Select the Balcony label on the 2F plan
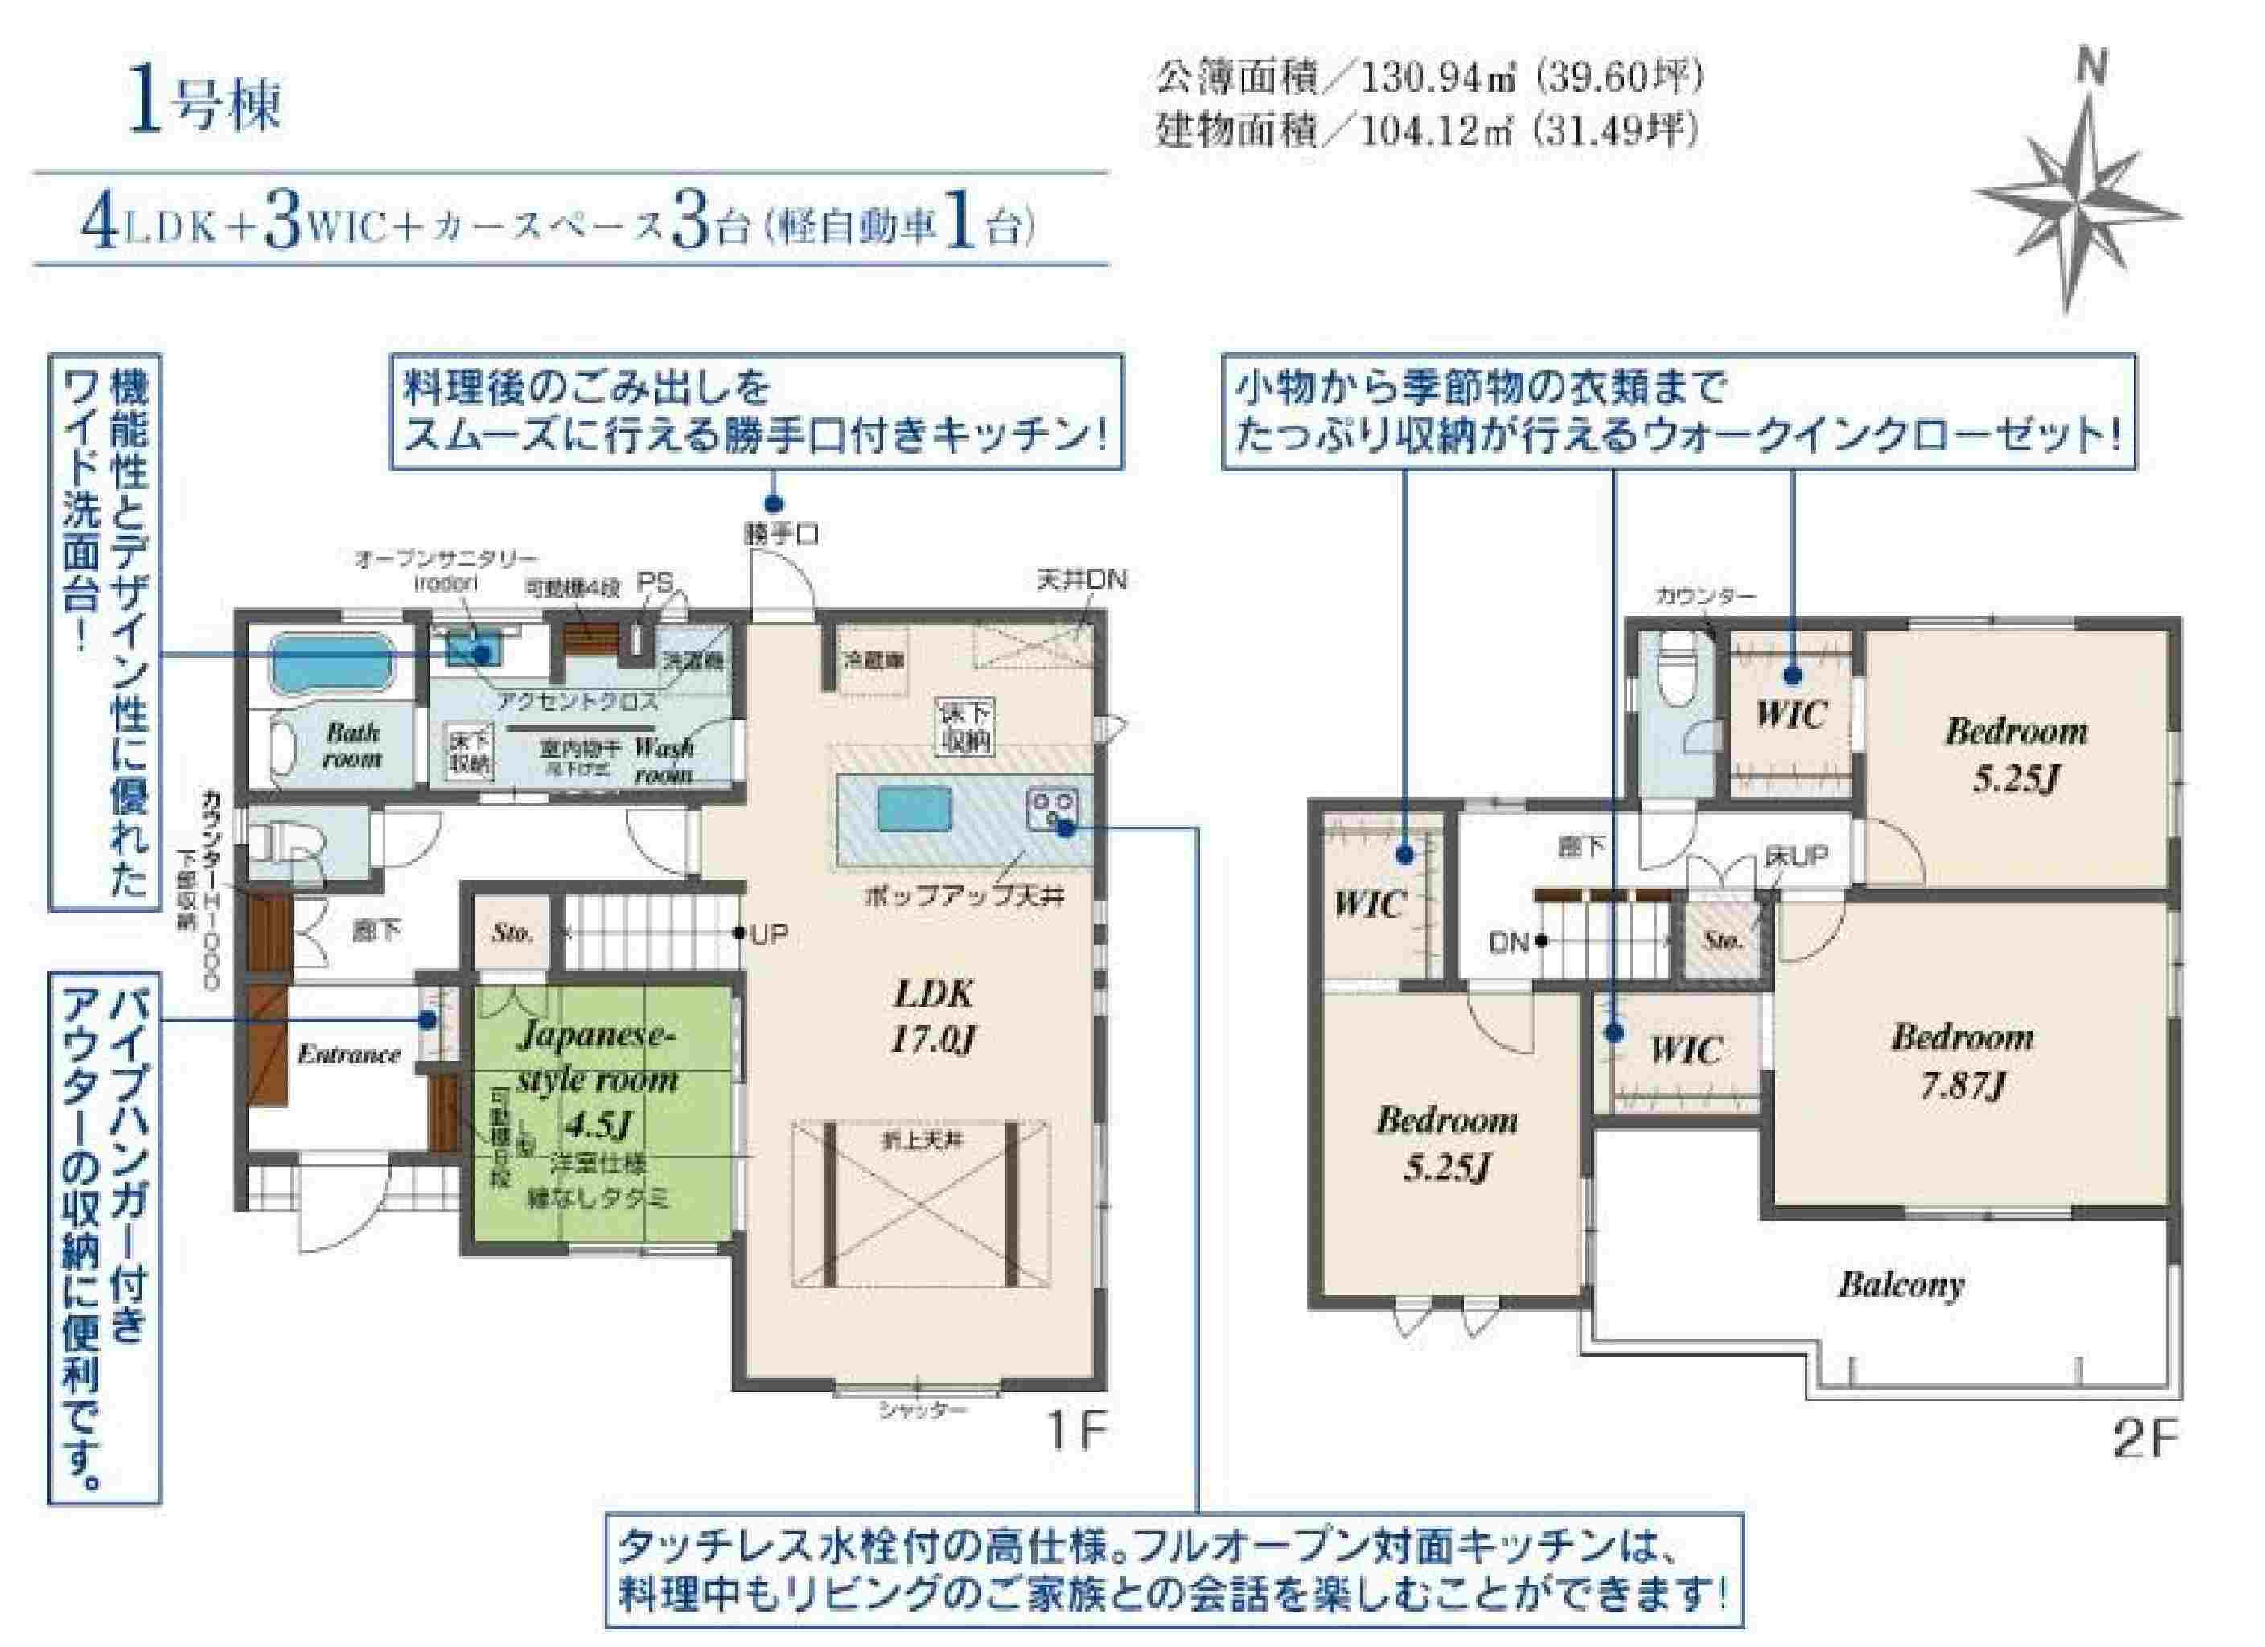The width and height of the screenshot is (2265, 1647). (1901, 1284)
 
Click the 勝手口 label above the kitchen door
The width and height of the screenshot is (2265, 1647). (782, 536)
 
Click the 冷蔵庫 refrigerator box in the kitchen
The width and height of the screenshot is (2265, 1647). (874, 660)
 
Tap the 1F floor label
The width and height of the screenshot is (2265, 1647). (1075, 1433)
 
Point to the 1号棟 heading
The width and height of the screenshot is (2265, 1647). (205, 105)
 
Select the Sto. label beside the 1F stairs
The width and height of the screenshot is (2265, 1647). (512, 933)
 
